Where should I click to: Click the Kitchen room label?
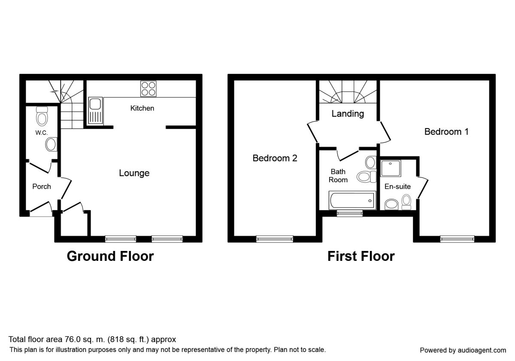coord(142,108)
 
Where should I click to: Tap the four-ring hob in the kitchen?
coord(148,89)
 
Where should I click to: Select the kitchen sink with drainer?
coord(95,110)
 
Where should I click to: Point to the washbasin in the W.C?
coord(51,144)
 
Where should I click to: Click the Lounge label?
coord(134,173)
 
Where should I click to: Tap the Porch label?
coord(42,187)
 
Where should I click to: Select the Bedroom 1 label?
coord(446,132)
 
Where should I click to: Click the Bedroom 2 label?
coord(275,158)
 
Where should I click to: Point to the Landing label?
coord(348,114)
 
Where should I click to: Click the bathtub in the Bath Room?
coord(351,200)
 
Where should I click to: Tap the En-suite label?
coord(397,187)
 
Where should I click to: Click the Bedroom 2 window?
coord(275,239)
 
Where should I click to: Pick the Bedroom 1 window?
coord(457,239)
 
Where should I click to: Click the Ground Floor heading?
coord(110,257)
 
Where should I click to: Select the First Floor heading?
coord(361,257)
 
